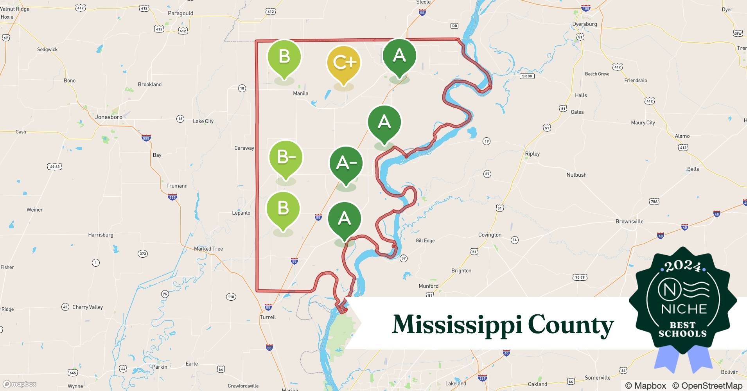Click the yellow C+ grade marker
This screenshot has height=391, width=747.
point(343,63)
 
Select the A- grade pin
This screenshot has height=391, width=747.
point(346,163)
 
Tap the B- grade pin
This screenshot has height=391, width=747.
point(286,157)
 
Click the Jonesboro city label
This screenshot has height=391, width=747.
point(109,117)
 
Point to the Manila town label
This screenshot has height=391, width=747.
point(300,93)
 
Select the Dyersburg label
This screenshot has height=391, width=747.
point(584,24)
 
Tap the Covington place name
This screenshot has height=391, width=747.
point(490,235)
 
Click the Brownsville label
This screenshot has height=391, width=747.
point(629,221)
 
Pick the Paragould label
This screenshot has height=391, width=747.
point(180,13)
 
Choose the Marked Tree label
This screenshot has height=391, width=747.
point(208,249)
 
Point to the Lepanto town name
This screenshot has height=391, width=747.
point(241,213)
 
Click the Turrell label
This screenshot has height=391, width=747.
point(268,317)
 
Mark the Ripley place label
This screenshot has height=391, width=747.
point(532,154)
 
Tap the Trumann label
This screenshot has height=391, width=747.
point(177,186)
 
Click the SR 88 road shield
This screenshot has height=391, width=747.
point(527,76)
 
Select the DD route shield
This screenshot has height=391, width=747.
point(454,26)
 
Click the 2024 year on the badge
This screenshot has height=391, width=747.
point(682,267)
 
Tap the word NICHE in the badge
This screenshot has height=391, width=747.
point(684,309)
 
